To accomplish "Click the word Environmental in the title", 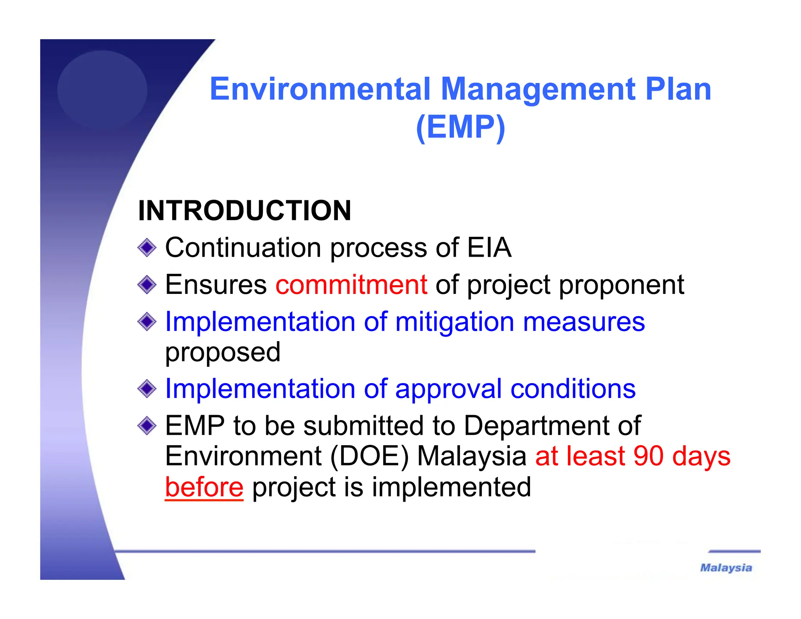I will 320,89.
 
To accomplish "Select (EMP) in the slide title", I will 460,127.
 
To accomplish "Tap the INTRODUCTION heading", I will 244,211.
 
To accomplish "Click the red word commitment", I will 351,284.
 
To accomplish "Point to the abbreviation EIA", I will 489,247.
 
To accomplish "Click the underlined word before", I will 204,487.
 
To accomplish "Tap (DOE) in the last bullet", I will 370,456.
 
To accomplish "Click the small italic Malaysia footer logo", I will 726,568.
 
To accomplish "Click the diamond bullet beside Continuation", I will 147,248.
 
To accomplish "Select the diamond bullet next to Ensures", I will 147,284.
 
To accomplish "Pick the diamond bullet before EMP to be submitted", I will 147,426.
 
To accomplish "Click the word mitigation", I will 454,322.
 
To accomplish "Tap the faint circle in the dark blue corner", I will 102,90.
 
